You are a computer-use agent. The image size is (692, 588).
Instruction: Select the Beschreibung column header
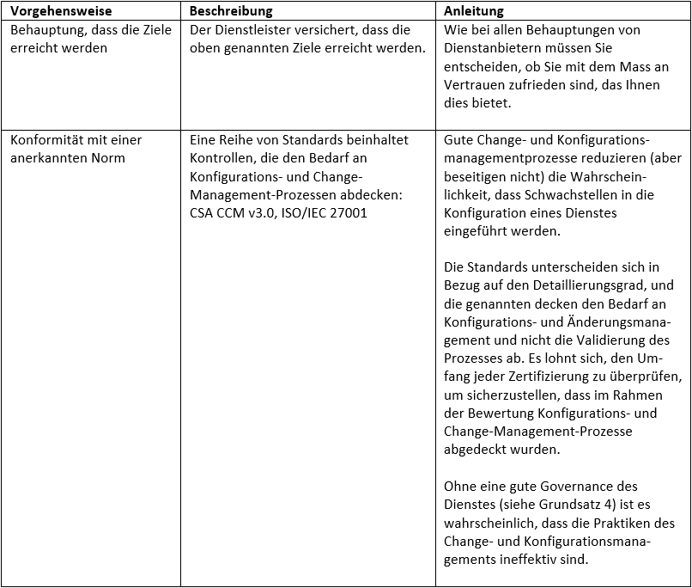(231, 11)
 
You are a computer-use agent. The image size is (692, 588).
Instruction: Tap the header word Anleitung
(474, 11)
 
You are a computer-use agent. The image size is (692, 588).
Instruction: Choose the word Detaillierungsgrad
(592, 285)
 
